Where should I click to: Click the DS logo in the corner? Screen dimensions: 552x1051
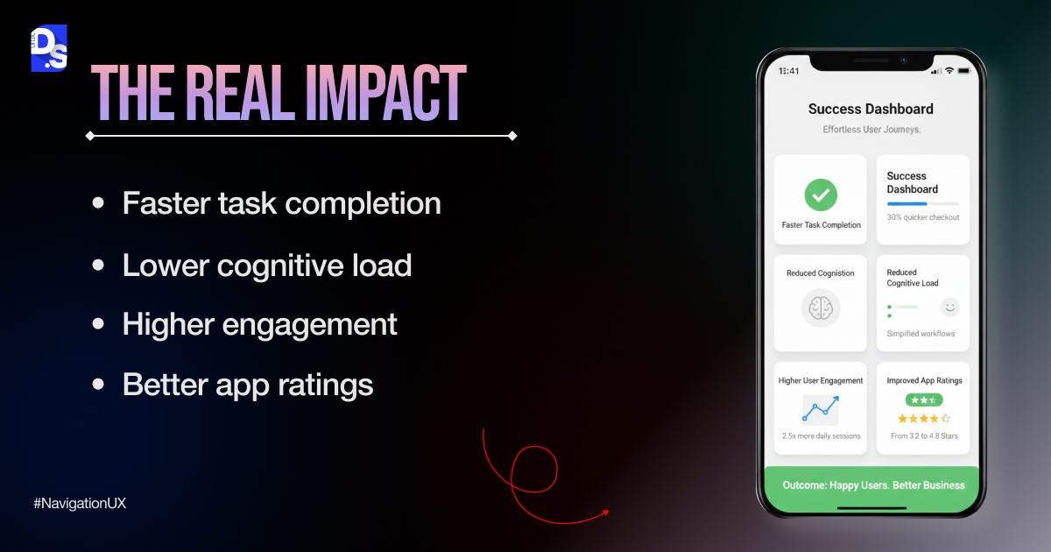tap(48, 48)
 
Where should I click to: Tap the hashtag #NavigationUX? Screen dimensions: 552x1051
tap(80, 504)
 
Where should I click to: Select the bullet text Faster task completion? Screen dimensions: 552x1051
tap(281, 203)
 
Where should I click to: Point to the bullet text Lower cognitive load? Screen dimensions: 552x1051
tap(266, 264)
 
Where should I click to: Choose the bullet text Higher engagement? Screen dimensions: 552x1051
tap(259, 324)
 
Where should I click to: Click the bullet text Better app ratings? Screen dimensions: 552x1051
tap(248, 385)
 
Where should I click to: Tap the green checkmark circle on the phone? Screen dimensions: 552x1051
tap(821, 195)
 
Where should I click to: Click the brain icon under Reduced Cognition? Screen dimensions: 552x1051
tap(821, 308)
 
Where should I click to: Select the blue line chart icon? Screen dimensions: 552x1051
tap(821, 409)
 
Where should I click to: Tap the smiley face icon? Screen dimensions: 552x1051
tap(949, 307)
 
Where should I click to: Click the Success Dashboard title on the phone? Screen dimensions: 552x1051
tap(871, 110)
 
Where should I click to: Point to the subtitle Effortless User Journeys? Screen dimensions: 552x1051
tap(871, 130)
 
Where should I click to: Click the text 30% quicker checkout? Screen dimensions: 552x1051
tap(922, 217)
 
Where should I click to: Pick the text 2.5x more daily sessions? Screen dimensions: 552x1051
tap(821, 435)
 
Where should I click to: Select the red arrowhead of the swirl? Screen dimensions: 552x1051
tap(605, 513)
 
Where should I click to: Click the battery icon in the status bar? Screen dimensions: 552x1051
tap(963, 70)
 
